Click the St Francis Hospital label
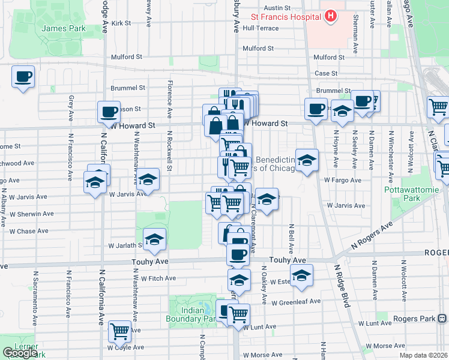click(x=285, y=17)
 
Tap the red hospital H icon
click(x=329, y=17)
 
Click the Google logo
click(x=20, y=353)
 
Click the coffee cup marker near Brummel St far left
click(x=23, y=77)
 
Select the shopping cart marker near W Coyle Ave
click(x=120, y=331)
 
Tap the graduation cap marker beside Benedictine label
click(x=306, y=160)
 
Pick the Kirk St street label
click(x=121, y=23)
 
